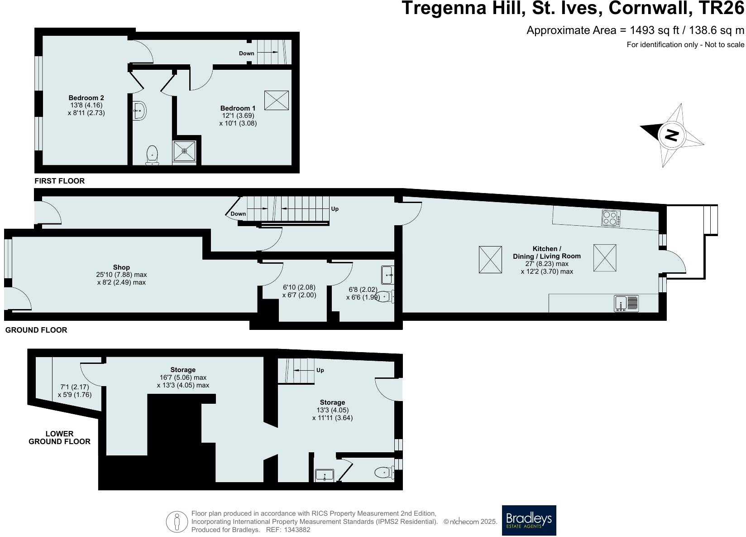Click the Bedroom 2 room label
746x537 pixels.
coord(86,98)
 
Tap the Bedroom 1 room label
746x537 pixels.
coord(238,108)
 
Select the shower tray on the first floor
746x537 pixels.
coord(184,150)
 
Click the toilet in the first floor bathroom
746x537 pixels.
coord(152,155)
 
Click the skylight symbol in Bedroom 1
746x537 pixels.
coord(276,100)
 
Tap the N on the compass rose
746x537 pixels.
coord(672,135)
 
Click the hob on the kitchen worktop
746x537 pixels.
coord(611,218)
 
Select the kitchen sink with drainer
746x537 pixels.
coord(626,303)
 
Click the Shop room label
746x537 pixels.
coord(121,267)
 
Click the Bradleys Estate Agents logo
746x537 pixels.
coord(529,520)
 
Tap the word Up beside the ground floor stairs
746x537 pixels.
coord(335,209)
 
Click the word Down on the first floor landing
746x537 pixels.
coord(247,53)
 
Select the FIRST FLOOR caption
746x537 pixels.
coord(59,181)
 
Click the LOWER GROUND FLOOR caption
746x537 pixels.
coord(59,437)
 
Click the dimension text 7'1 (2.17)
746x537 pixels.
coord(74,387)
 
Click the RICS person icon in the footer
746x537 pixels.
coord(177,522)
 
